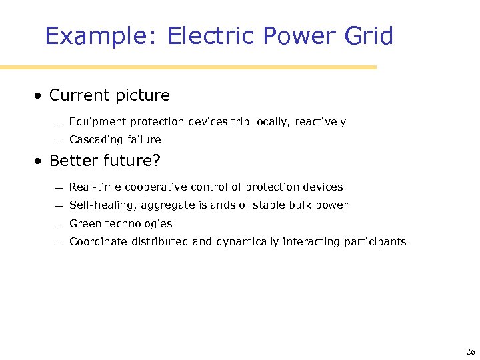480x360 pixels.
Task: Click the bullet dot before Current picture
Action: coord(40,96)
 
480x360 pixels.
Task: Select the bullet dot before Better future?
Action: coord(40,161)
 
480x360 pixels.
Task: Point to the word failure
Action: coord(141,140)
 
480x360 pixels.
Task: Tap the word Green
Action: coord(83,224)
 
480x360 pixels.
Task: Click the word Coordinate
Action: coord(95,242)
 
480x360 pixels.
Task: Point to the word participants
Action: coord(375,242)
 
